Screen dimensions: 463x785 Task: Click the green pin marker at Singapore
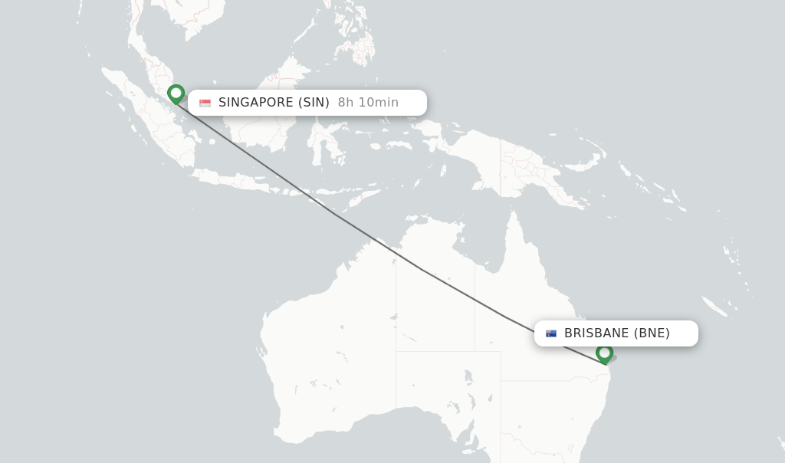pyautogui.click(x=176, y=94)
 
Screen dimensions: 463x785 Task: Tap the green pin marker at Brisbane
pyautogui.click(x=604, y=353)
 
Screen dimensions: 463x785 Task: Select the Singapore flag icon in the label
pyautogui.click(x=205, y=103)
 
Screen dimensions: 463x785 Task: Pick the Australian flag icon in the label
pyautogui.click(x=551, y=333)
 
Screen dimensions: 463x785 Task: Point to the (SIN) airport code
pyautogui.click(x=314, y=103)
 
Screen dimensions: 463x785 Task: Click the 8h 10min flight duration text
pyautogui.click(x=368, y=103)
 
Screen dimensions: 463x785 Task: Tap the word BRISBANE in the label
pyautogui.click(x=596, y=333)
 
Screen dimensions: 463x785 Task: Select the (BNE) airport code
pyautogui.click(x=652, y=333)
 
